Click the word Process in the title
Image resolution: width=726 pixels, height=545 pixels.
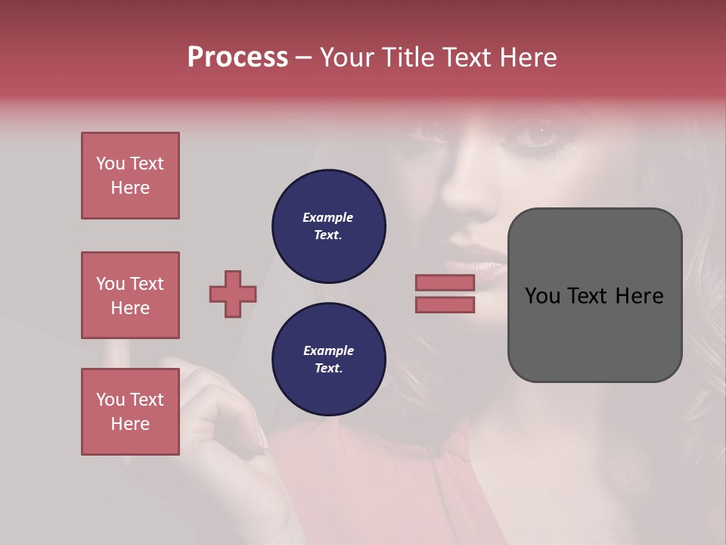pyautogui.click(x=237, y=58)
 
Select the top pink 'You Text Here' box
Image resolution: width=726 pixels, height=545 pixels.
pyautogui.click(x=130, y=176)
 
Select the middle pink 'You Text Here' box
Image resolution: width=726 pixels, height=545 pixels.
pyautogui.click(x=130, y=295)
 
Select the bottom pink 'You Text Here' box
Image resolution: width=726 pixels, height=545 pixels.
pyautogui.click(x=130, y=412)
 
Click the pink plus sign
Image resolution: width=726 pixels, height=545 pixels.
pyautogui.click(x=233, y=294)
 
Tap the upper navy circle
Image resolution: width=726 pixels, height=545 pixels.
pyautogui.click(x=329, y=226)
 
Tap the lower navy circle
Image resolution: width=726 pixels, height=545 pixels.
pyautogui.click(x=329, y=360)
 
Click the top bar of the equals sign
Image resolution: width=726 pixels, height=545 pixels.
pyautogui.click(x=445, y=282)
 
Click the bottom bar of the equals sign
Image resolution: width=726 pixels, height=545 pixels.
pyautogui.click(x=445, y=305)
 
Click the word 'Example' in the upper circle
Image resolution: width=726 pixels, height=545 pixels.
pyautogui.click(x=328, y=217)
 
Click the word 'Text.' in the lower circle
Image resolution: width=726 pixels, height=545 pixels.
pyautogui.click(x=328, y=369)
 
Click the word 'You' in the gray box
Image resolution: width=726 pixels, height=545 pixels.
pyautogui.click(x=543, y=296)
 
